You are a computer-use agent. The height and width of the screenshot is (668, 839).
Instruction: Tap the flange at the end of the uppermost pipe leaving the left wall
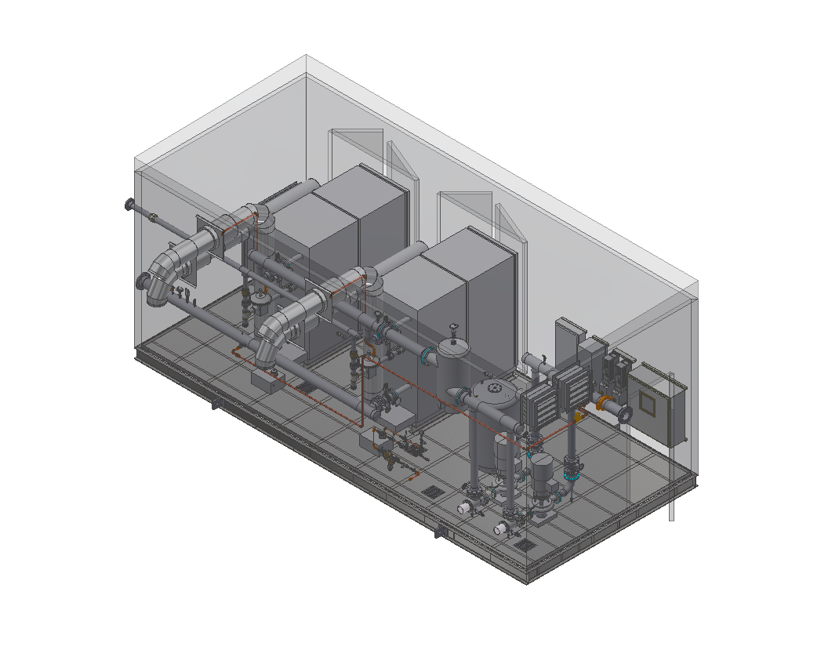click(x=129, y=205)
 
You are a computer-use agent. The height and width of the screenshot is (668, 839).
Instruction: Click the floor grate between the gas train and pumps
click(x=432, y=492)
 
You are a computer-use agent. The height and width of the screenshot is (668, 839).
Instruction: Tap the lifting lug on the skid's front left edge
click(x=214, y=405)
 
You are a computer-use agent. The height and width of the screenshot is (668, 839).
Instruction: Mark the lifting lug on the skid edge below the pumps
click(x=440, y=534)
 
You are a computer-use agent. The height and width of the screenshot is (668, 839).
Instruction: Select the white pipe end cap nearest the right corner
click(x=499, y=530)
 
